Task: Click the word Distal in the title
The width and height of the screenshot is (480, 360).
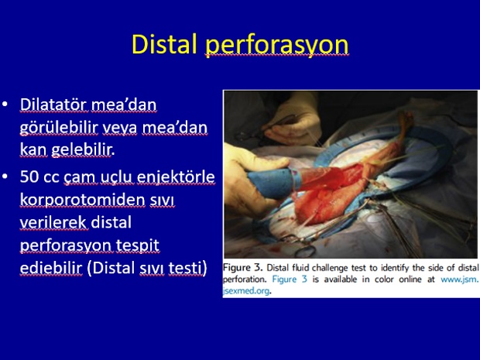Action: (x=164, y=44)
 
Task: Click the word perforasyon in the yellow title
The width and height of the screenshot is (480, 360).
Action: (x=276, y=46)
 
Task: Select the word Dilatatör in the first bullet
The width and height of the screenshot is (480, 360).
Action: (x=55, y=105)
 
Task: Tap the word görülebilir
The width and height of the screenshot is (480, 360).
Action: (x=59, y=128)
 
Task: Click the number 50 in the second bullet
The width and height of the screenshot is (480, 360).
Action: (x=29, y=177)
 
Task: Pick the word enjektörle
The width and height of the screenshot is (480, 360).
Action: (x=176, y=177)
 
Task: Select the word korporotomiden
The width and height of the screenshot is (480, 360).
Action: (x=82, y=201)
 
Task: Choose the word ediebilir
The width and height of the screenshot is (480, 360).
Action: (x=51, y=268)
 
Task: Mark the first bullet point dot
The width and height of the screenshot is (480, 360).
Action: (x=5, y=104)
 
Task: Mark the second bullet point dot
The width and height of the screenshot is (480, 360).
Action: (x=5, y=177)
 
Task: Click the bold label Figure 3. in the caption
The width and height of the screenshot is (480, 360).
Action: (x=243, y=268)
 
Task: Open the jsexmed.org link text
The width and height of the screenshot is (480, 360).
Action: (x=246, y=291)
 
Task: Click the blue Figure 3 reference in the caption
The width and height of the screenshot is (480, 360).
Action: (x=290, y=279)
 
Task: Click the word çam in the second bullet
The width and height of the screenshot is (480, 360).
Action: (x=74, y=178)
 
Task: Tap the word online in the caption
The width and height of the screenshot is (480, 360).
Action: (x=410, y=279)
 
